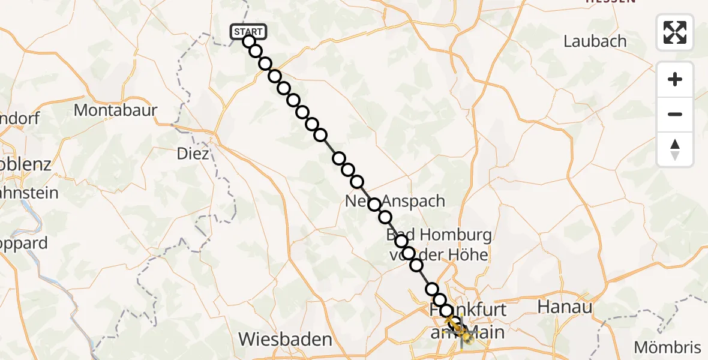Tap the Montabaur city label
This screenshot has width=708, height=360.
(115, 110)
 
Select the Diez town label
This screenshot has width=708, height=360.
(193, 154)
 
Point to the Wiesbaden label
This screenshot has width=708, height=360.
(285, 339)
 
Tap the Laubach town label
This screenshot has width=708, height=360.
(595, 41)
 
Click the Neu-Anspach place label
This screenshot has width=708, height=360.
(395, 202)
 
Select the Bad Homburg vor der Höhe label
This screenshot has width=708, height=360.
(439, 244)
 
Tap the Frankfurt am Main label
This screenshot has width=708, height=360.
(468, 320)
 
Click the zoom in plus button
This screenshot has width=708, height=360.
(675, 79)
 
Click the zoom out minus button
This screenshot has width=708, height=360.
(675, 114)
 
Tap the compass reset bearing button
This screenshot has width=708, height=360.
(675, 149)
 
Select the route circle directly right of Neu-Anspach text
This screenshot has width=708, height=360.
(385, 217)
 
